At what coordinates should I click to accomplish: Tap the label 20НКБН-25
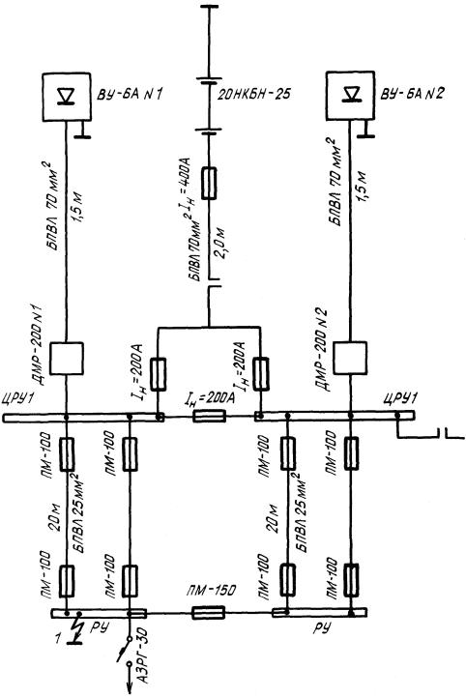pos(253,95)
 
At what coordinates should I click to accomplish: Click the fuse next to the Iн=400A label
pos(209,183)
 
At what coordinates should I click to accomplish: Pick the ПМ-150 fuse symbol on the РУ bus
pos(208,613)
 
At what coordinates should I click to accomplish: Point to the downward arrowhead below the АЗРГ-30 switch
pos(130,686)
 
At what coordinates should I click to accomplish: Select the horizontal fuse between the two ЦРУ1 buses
pos(209,417)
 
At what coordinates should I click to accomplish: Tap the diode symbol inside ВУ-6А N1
pos(67,96)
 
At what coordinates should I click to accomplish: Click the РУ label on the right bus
pos(322,628)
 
